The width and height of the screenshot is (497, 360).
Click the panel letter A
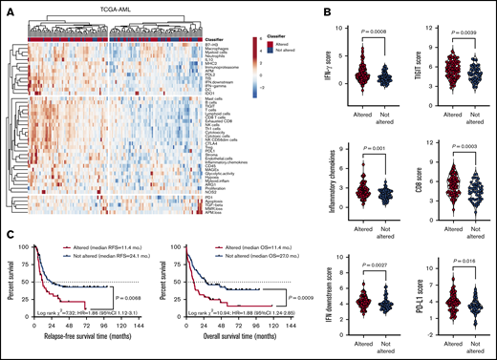click(x=7, y=12)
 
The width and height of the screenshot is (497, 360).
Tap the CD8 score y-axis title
click(x=420, y=187)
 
